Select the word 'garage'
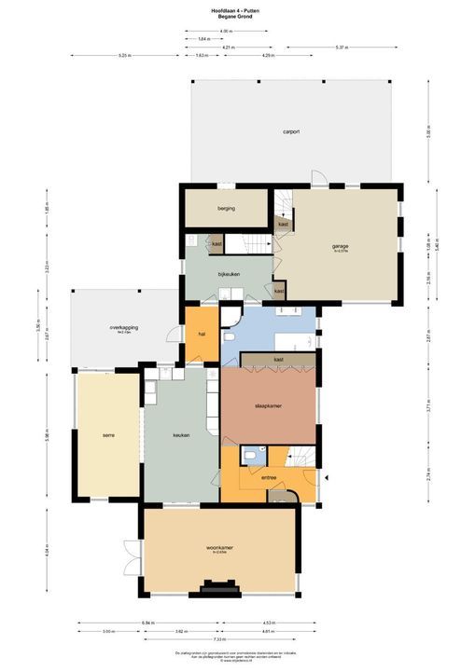click(340, 247)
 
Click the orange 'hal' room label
click(201, 334)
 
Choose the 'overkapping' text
click(124, 328)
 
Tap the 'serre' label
click(108, 435)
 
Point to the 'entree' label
click(269, 477)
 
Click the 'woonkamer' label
click(219, 547)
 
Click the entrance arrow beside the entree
click(328, 478)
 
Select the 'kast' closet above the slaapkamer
click(278, 359)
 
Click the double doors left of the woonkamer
click(130, 557)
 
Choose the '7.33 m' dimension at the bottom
click(217, 639)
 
